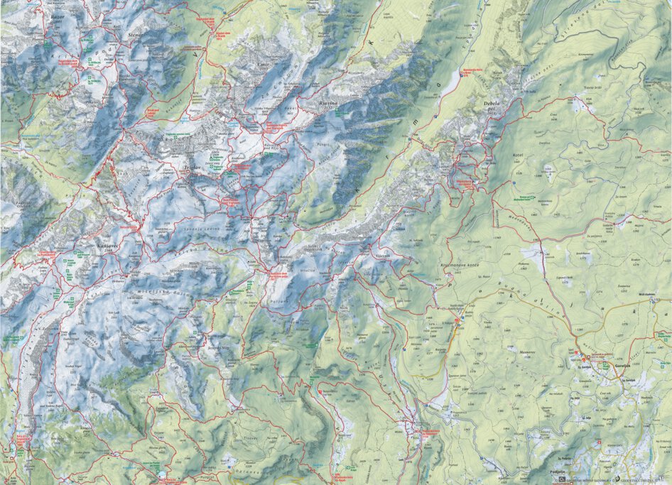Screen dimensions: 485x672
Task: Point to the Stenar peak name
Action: click(x=134, y=33)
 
